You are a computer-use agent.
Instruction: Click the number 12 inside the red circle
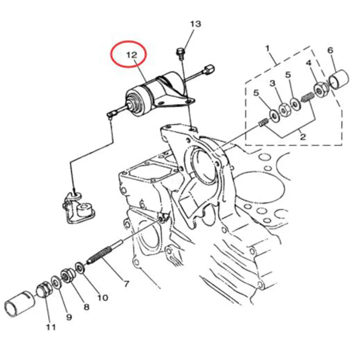132,55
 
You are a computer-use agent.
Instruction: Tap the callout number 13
195,23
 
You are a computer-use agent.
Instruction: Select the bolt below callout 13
180,53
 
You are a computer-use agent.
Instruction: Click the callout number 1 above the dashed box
267,49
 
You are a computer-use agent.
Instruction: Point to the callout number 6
330,50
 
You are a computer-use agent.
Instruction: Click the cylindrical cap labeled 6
339,79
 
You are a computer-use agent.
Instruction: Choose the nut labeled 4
319,90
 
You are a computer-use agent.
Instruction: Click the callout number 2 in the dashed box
303,137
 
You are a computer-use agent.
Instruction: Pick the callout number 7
127,284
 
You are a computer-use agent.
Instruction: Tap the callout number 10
102,298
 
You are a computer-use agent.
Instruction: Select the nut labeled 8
68,276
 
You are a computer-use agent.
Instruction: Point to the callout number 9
69,317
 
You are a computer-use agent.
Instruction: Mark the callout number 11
51,327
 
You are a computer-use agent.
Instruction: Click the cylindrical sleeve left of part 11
19,304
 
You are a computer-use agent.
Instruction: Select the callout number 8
86,307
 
